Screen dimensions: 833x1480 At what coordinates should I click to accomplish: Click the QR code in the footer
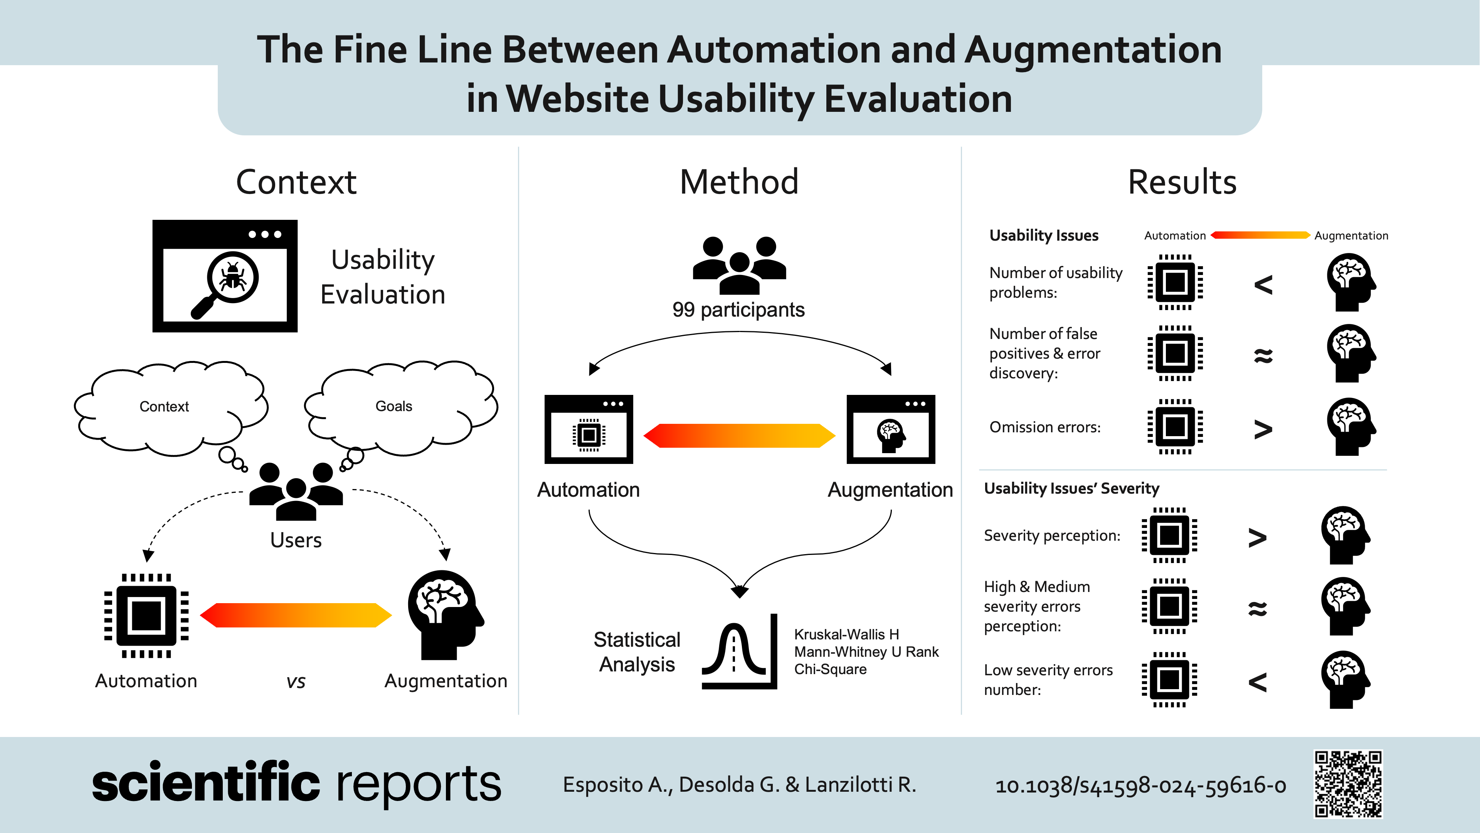1347,784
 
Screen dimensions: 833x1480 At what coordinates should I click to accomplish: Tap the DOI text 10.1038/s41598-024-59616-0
1140,785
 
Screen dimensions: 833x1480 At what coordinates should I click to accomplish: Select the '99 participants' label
738,310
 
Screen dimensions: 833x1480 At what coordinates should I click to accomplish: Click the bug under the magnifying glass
233,276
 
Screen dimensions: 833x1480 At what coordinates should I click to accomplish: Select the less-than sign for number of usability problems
1263,284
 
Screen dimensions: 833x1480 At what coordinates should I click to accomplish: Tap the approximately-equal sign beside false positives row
1263,355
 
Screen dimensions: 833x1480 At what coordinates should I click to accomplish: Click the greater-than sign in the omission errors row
1263,428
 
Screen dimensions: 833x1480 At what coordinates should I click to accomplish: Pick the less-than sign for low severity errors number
1257,682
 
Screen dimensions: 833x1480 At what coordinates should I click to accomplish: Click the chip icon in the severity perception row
1169,535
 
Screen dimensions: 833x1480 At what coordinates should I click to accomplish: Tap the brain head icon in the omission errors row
1350,427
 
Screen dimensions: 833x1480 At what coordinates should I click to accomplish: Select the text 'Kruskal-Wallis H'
846,634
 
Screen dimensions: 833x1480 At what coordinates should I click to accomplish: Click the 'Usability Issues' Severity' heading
1071,489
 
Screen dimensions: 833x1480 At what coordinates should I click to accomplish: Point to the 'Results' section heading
1182,182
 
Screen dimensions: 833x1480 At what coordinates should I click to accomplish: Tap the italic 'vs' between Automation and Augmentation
296,682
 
